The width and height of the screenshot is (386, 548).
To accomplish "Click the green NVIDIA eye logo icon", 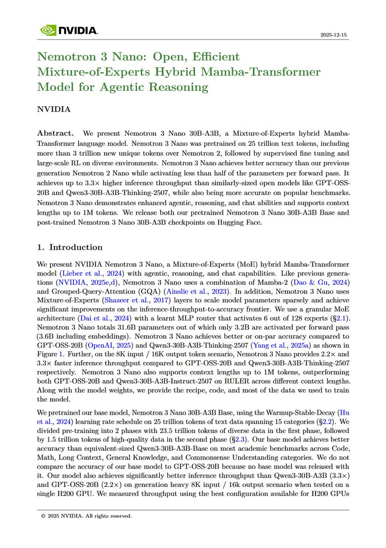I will click(48, 31).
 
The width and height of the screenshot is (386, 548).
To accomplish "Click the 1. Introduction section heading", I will click(69, 247).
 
